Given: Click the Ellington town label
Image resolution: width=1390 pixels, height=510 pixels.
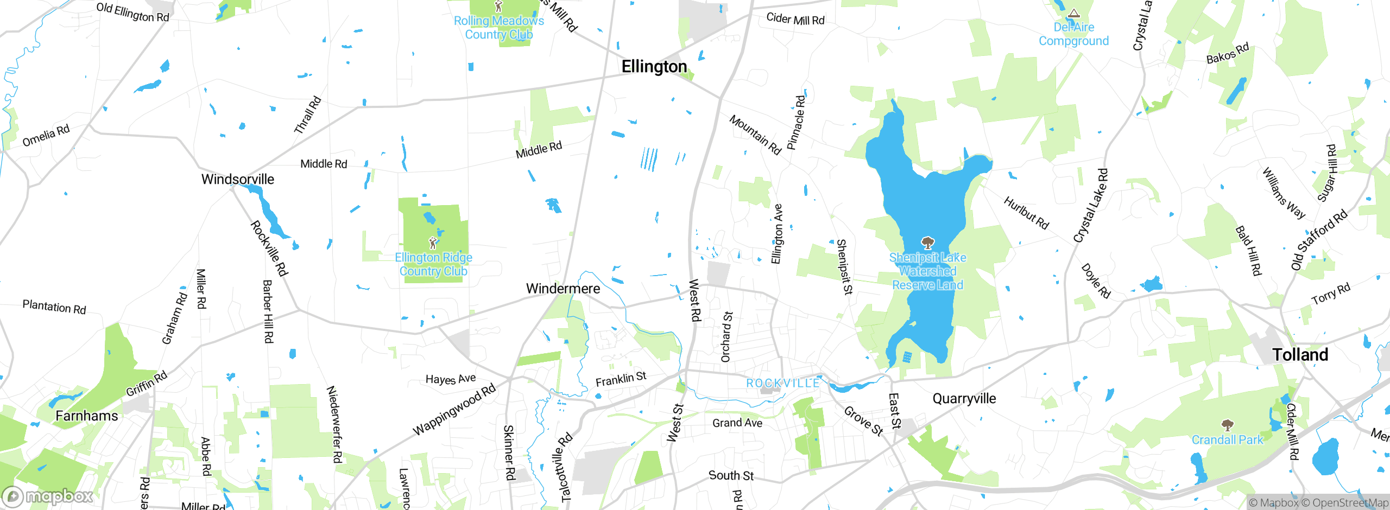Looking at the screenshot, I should point(654,67).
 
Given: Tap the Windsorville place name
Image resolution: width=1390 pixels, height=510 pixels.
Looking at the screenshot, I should point(237,180).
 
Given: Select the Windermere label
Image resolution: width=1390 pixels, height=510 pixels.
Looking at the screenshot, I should point(563,289).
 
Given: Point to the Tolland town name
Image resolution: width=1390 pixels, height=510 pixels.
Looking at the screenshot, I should point(1300,355).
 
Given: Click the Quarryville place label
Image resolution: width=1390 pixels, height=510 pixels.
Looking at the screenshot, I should point(964,399).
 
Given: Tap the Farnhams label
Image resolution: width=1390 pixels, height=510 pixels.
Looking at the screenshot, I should point(86,416).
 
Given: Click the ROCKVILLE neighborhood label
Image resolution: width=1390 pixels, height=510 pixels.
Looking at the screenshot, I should point(782,384).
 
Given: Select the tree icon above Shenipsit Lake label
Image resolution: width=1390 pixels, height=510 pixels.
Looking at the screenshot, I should point(927,243).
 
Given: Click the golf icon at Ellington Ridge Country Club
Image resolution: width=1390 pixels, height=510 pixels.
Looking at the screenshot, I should point(433,243).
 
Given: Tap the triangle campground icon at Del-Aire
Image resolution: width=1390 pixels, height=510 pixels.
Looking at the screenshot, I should point(1073,14).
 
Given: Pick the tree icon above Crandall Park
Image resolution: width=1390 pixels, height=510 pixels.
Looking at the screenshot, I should point(1227,425).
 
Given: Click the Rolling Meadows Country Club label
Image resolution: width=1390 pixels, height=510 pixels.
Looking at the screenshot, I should point(498,28).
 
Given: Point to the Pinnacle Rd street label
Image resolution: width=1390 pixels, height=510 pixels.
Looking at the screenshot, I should point(796,123).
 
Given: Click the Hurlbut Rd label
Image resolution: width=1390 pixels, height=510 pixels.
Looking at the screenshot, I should point(1026,213).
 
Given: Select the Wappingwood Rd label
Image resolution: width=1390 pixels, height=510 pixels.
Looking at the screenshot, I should point(454,410).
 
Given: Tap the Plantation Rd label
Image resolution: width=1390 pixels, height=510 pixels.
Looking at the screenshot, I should point(54,307).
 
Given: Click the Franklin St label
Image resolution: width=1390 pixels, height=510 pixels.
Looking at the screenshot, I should point(621,379).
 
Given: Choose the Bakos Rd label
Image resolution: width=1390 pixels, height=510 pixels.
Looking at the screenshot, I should point(1227,53).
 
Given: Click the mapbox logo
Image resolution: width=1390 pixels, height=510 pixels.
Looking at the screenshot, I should point(48,496).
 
